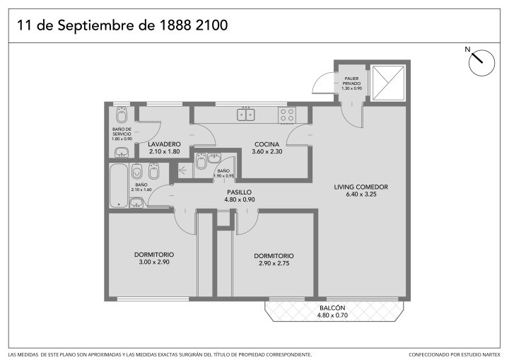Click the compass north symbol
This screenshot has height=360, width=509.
coord(481,62)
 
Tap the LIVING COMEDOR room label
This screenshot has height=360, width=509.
coord(361,187)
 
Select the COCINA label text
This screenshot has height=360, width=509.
coord(267,144)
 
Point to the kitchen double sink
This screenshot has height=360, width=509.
coord(246,115)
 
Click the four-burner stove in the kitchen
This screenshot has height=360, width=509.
coord(286,115)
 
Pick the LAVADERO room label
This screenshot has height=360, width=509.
coord(164,144)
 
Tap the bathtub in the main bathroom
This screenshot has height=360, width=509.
coord(119,185)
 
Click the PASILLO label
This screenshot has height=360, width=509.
coord(239,192)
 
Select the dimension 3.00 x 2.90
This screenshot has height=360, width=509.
coord(154,262)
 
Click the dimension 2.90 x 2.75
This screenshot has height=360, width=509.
coord(274,264)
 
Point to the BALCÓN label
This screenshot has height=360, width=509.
coord(332,308)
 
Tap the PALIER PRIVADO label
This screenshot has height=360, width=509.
coord(351,81)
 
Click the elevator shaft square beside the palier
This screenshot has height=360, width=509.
coord(388,83)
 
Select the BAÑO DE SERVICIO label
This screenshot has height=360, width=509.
coord(122,132)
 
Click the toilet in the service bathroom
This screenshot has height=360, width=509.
coord(122,115)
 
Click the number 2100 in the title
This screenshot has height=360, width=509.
coord(211,25)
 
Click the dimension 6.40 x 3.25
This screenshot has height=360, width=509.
coord(361,194)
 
